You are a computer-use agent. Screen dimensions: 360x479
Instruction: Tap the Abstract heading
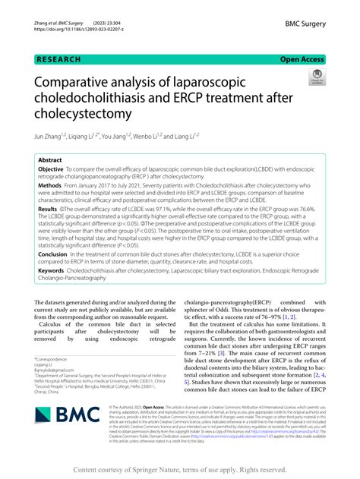pyautogui.click(x=51, y=161)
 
